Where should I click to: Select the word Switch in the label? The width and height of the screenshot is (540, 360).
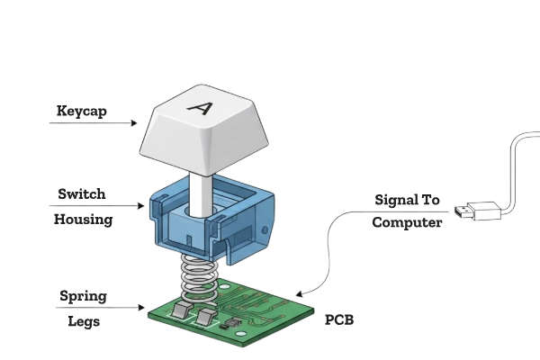pyautogui.click(x=83, y=193)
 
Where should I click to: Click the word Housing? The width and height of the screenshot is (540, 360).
pyautogui.click(x=82, y=219)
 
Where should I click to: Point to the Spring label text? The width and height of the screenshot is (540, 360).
pyautogui.click(x=84, y=294)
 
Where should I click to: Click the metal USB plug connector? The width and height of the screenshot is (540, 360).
pyautogui.click(x=461, y=212)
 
